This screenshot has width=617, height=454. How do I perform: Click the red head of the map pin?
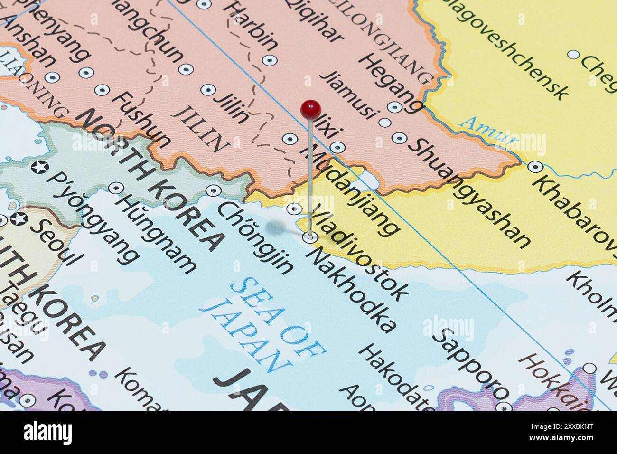point(310,110)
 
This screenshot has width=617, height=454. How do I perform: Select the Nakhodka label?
point(352,290)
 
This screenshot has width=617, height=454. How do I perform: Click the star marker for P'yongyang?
point(38,167)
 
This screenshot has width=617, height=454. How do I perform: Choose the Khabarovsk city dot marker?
point(535,167)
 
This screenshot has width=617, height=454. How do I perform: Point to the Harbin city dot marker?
point(270,60)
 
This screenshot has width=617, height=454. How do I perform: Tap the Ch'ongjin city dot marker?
point(214,191)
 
